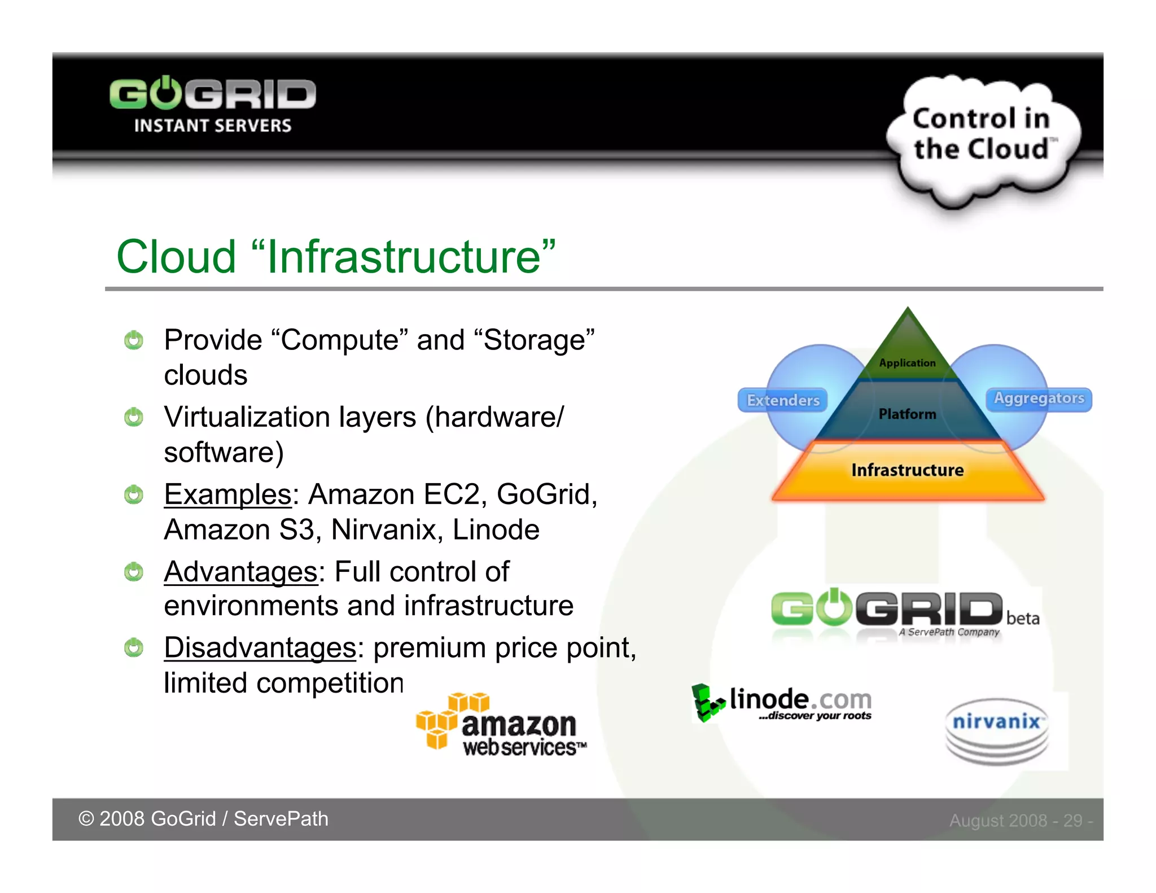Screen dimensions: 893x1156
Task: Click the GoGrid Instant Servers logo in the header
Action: click(x=212, y=104)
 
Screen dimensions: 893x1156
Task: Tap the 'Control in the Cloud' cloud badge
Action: click(x=982, y=134)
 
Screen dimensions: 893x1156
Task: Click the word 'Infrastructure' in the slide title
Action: click(x=404, y=257)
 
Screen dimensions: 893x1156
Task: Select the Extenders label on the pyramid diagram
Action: click(x=783, y=400)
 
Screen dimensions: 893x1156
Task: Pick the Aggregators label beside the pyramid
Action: click(x=1039, y=399)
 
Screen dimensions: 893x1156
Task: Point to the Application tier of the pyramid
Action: click(x=907, y=362)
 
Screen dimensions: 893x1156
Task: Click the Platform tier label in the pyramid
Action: click(x=907, y=414)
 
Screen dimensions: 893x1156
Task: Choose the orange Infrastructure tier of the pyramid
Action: click(x=907, y=470)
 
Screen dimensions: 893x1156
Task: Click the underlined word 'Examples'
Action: click(x=227, y=494)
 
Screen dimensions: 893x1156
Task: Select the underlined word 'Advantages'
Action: click(x=241, y=571)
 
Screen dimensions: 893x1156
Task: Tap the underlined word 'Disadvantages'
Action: click(x=260, y=647)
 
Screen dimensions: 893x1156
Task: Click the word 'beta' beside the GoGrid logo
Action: click(x=1022, y=619)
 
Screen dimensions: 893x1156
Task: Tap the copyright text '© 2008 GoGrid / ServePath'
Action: click(x=203, y=819)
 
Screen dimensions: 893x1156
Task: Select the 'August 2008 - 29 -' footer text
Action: click(x=1021, y=820)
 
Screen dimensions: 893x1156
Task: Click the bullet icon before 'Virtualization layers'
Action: click(x=134, y=418)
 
